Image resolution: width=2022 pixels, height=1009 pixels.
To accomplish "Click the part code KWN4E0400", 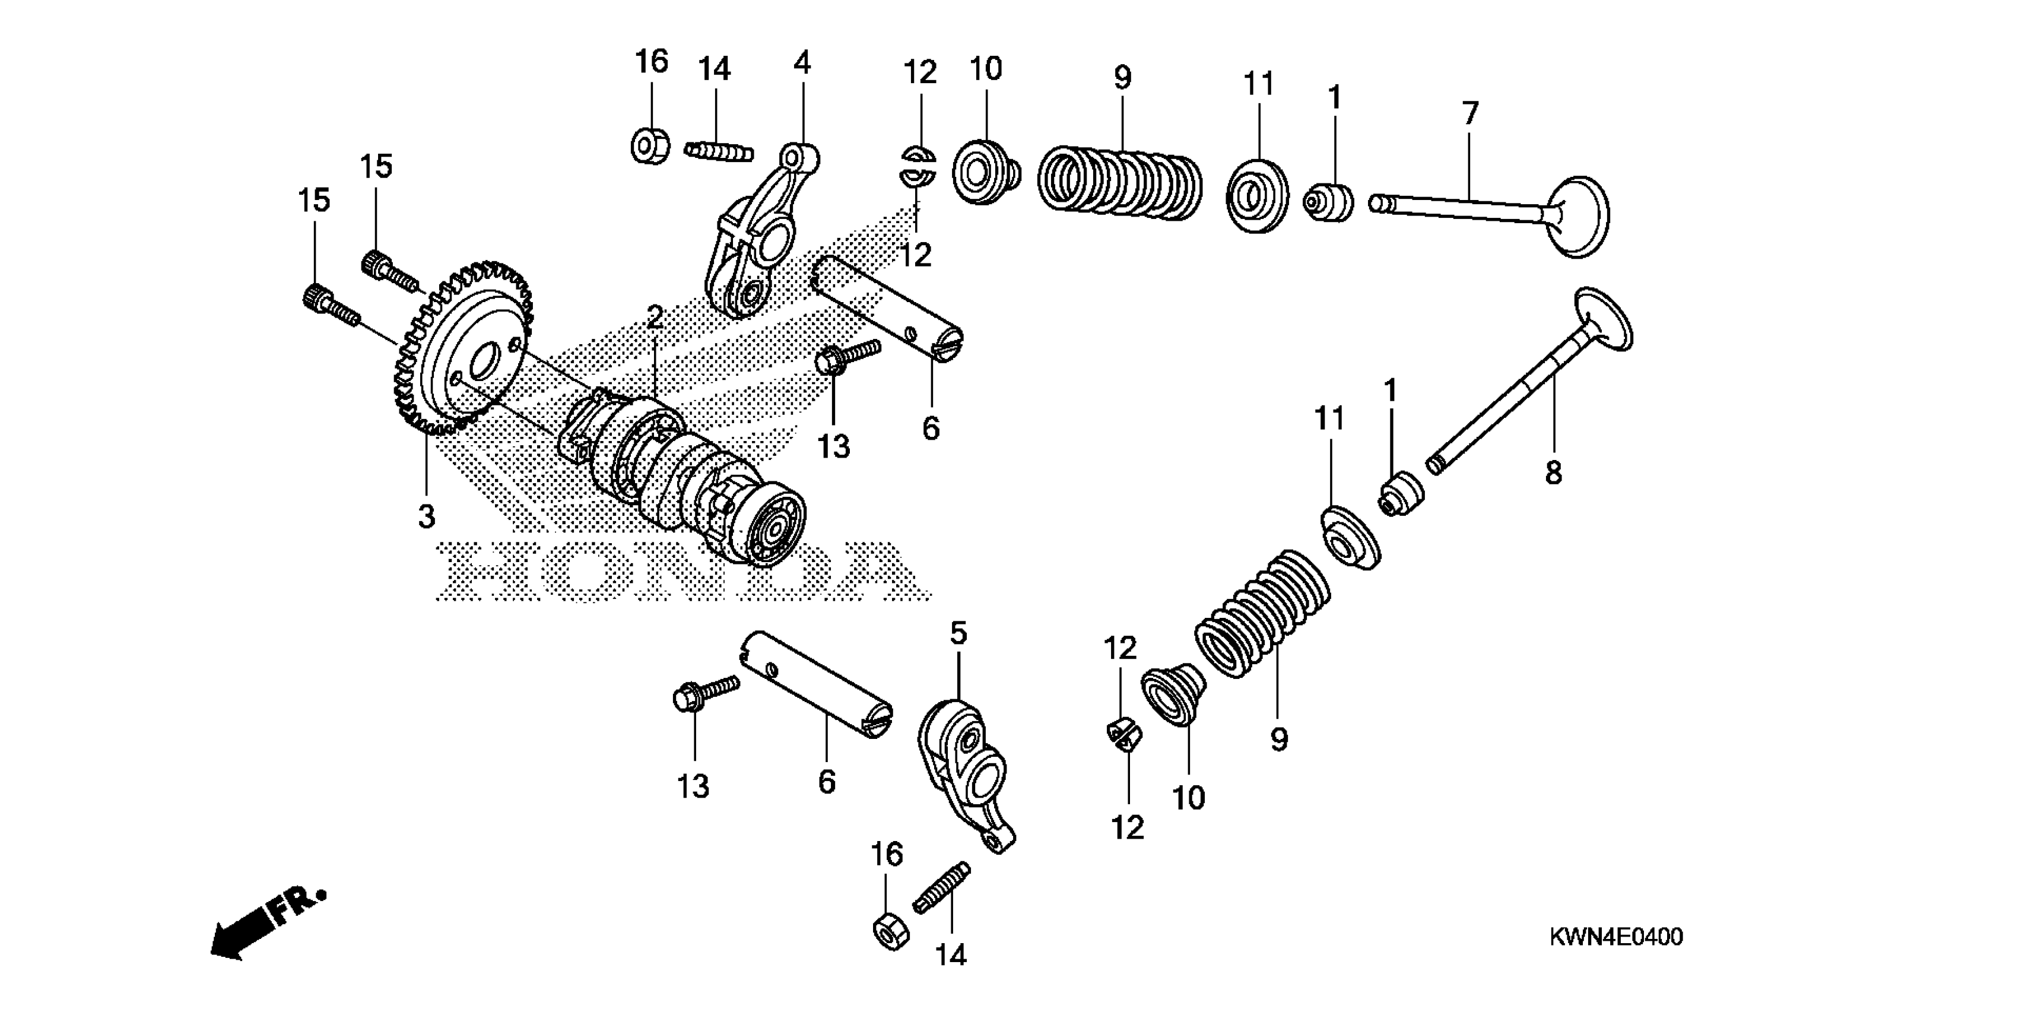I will pyautogui.click(x=1615, y=937).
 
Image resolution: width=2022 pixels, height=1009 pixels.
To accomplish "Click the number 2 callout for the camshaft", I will pyautogui.click(x=655, y=317).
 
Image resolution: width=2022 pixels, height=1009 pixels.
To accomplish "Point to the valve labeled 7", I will pyautogui.click(x=1491, y=208).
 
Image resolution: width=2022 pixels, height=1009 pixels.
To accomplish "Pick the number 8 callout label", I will pyautogui.click(x=1553, y=472).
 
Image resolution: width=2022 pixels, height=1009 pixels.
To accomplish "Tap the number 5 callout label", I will pyautogui.click(x=958, y=633).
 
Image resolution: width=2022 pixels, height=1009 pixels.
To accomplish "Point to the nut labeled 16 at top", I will pyautogui.click(x=650, y=146).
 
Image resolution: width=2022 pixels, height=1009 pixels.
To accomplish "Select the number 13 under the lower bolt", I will pyautogui.click(x=693, y=786).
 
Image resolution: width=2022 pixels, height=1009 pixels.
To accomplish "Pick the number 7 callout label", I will pyautogui.click(x=1469, y=114).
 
